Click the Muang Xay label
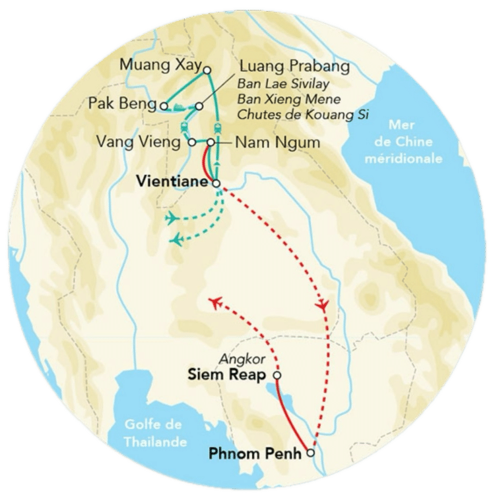[160, 65]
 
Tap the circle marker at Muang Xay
[207, 70]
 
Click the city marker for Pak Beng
[162, 105]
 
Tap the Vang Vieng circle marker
[191, 141]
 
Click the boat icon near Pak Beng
[178, 110]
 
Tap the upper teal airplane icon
[173, 218]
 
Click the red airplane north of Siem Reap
[214, 302]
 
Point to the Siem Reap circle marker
[277, 375]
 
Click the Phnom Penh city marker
[310, 453]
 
